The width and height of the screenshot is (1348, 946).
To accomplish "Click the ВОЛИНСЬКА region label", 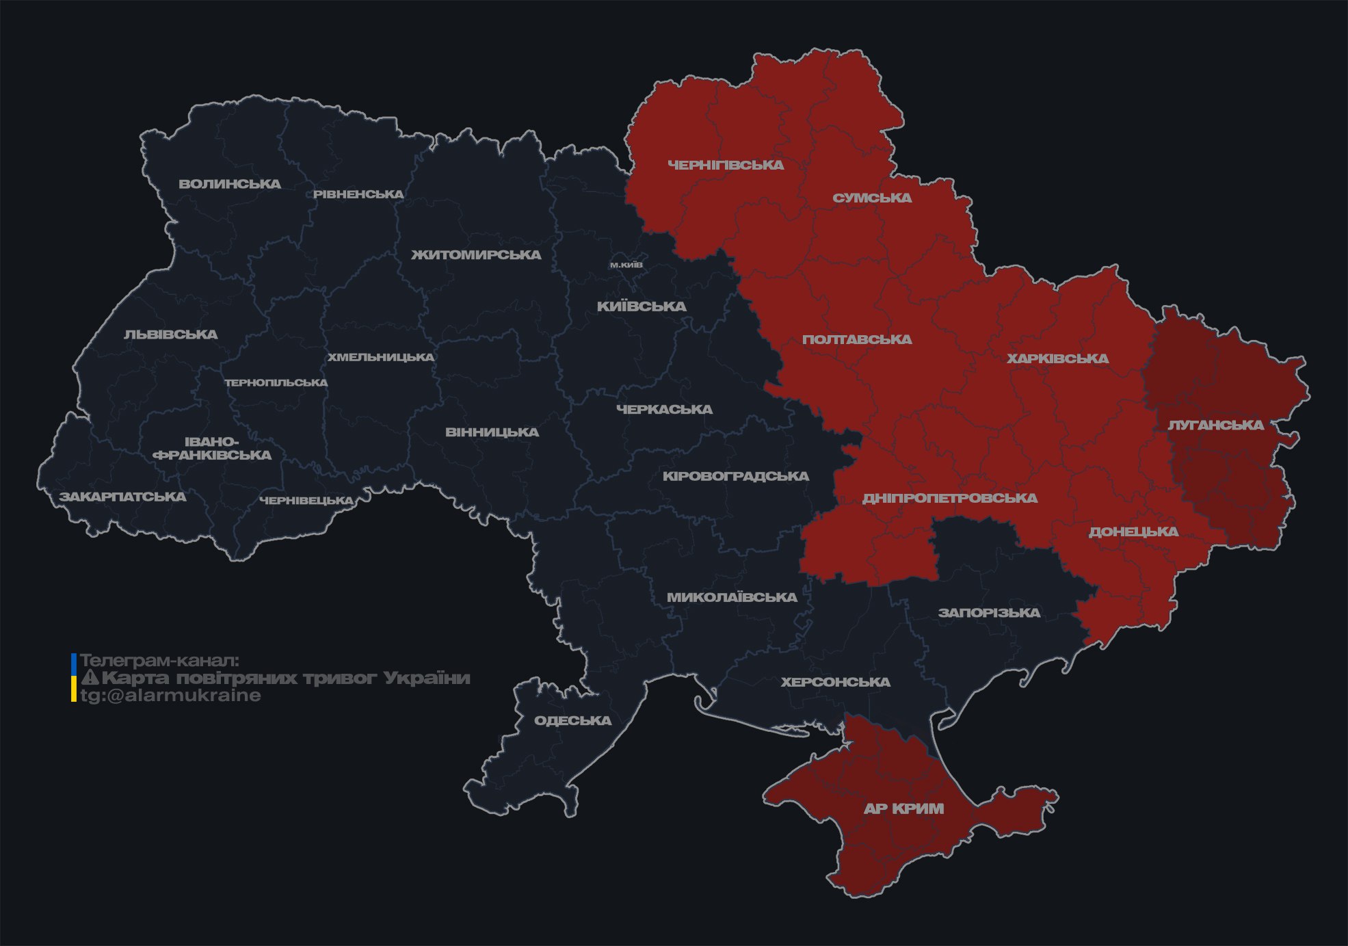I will tap(230, 184).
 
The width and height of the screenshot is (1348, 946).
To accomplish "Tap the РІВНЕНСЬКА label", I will tap(358, 194).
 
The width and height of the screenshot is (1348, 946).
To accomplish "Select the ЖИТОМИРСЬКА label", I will tap(476, 255).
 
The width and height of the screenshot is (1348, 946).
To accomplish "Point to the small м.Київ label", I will tap(626, 265).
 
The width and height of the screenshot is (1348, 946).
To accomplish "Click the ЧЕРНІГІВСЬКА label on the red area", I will tap(726, 165).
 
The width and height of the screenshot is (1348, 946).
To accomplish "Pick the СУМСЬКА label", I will tap(872, 198).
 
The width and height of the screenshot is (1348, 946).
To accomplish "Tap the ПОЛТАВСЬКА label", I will tap(857, 340).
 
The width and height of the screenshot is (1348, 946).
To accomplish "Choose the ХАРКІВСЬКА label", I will tap(1057, 359).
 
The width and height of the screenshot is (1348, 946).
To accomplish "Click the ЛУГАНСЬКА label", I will tap(1215, 425).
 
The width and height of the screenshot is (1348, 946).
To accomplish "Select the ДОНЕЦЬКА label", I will tap(1133, 532).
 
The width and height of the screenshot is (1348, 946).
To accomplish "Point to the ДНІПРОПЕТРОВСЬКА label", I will tap(949, 499).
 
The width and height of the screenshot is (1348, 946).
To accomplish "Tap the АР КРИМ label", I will tap(903, 809).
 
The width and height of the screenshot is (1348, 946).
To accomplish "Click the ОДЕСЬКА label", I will tap(572, 721).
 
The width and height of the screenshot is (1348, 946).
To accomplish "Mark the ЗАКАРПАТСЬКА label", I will tap(122, 497).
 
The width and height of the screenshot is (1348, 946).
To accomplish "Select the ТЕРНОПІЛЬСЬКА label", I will tap(276, 383).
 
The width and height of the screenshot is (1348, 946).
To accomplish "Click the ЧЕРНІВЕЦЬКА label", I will tap(306, 501).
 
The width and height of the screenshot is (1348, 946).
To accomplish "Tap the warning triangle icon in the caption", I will tap(90, 679).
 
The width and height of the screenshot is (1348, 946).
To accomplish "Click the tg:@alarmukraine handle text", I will tap(170, 696).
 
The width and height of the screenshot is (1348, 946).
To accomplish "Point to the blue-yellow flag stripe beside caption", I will tap(74, 678).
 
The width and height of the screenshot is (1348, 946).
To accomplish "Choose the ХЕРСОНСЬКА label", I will tap(835, 683).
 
